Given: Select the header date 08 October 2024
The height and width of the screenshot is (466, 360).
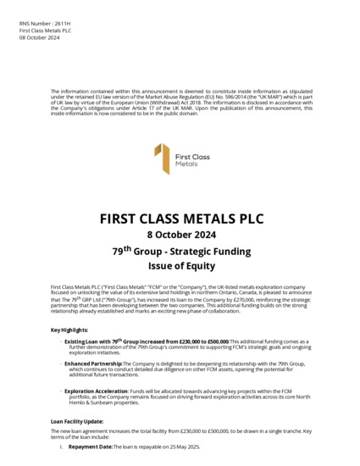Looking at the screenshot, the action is (39, 37).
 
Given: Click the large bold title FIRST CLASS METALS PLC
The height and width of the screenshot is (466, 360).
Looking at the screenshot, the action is (180, 219).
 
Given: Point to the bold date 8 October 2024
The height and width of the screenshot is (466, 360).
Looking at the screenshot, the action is (180, 235).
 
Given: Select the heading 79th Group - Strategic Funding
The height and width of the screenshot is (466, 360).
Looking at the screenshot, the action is (180, 251).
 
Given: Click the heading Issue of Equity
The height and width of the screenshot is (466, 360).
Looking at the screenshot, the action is (180, 266).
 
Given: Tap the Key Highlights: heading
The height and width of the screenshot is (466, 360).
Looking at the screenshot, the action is (69, 330).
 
